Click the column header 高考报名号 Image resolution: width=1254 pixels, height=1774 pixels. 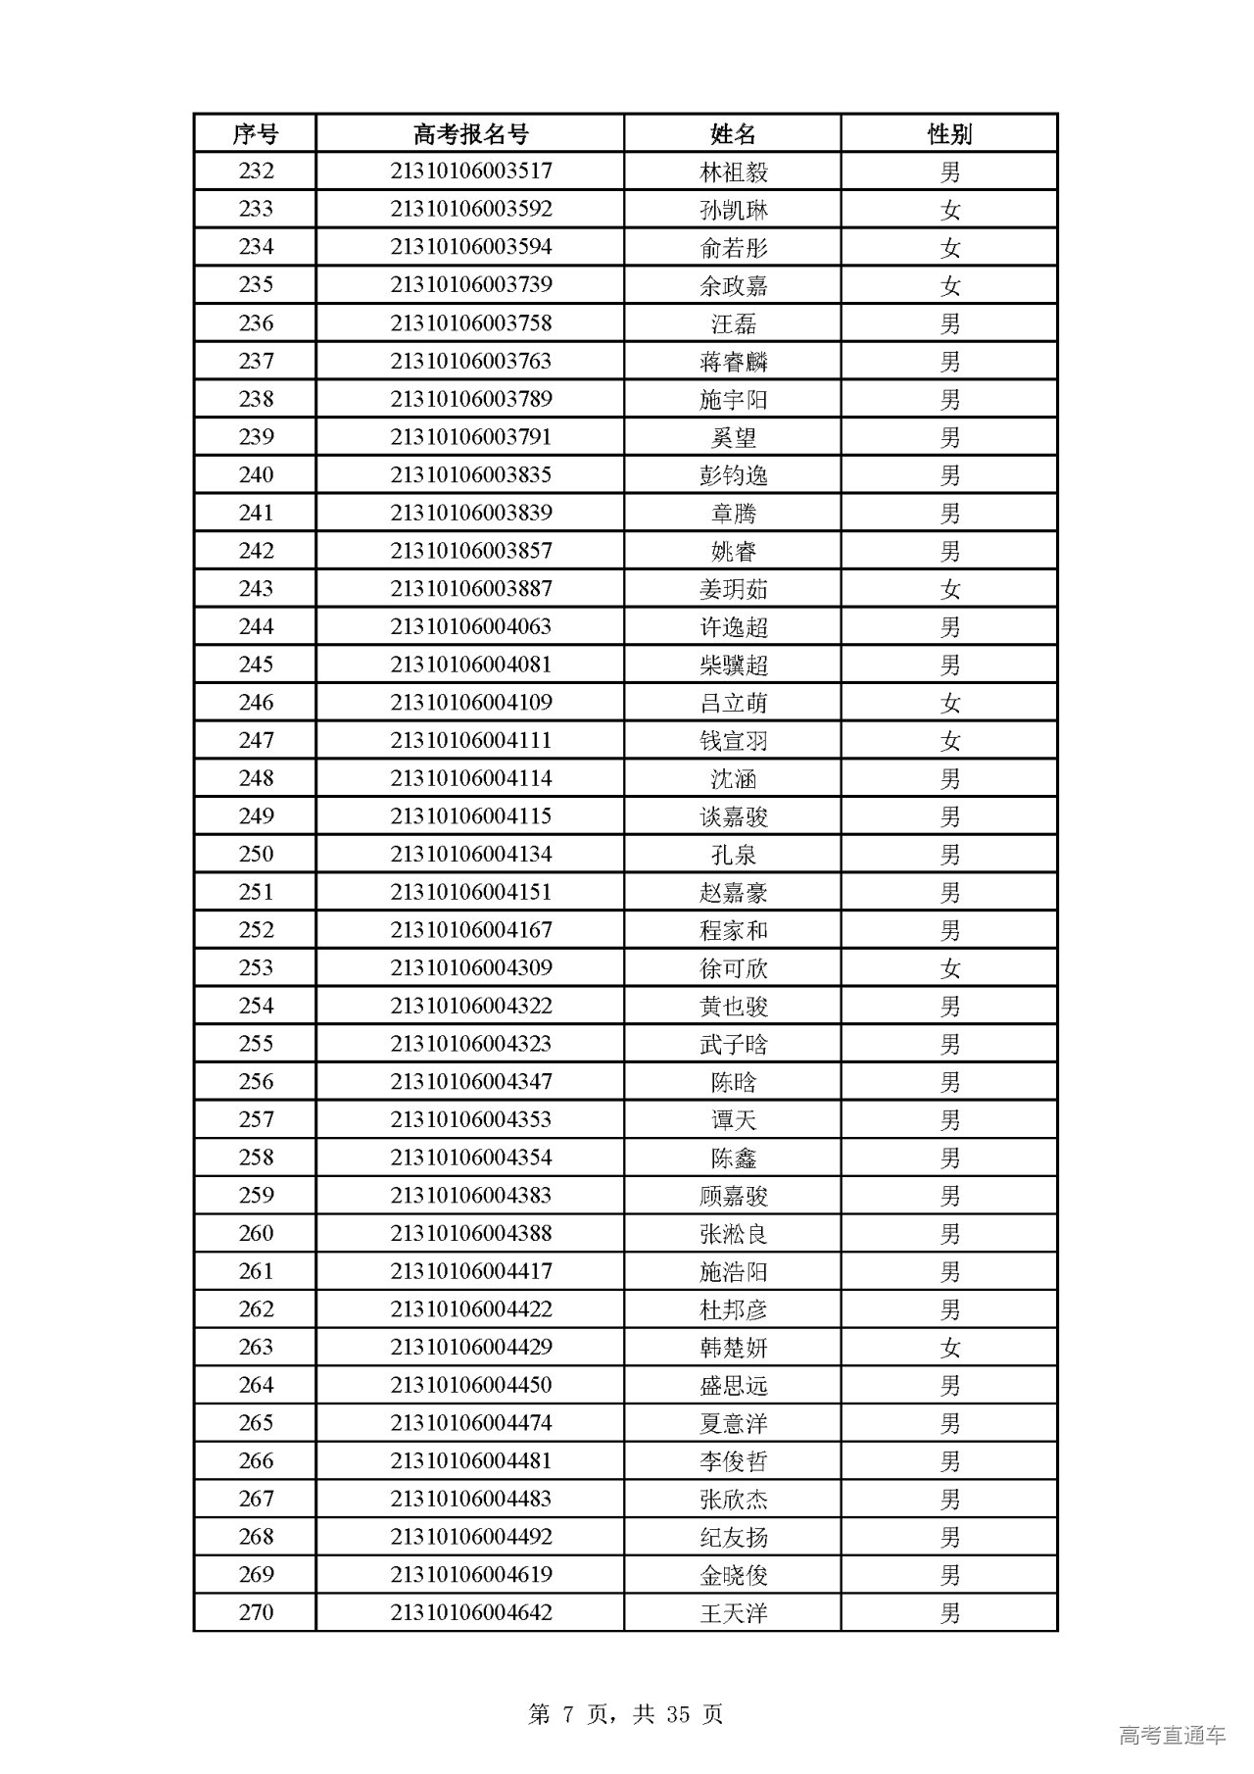[470, 133]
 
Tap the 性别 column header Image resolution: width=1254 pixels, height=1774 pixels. [949, 133]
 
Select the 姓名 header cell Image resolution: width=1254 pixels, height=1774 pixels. [733, 133]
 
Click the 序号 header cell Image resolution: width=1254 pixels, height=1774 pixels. [256, 133]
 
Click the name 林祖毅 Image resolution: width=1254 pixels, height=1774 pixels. [734, 172]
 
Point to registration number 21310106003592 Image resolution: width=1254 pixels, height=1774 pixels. [471, 210]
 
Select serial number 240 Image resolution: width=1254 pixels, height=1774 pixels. [256, 475]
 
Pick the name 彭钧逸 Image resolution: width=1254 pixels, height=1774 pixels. [734, 476]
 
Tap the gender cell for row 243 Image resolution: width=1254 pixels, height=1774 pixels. [949, 589]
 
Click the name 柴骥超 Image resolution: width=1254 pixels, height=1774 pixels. [734, 665]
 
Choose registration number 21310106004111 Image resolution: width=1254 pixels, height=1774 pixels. [471, 741]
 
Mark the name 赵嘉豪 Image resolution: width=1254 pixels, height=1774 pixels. [734, 893]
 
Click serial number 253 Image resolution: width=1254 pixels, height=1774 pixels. [256, 968]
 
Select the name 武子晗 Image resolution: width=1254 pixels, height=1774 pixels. [734, 1045]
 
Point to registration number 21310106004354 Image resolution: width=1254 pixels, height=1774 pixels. [471, 1158]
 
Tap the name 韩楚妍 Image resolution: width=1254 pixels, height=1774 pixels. [734, 1348]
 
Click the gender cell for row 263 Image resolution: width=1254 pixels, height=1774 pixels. [949, 1348]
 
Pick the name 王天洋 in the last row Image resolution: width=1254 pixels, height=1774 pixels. [734, 1613]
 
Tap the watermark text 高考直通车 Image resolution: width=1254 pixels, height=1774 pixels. [1172, 1736]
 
